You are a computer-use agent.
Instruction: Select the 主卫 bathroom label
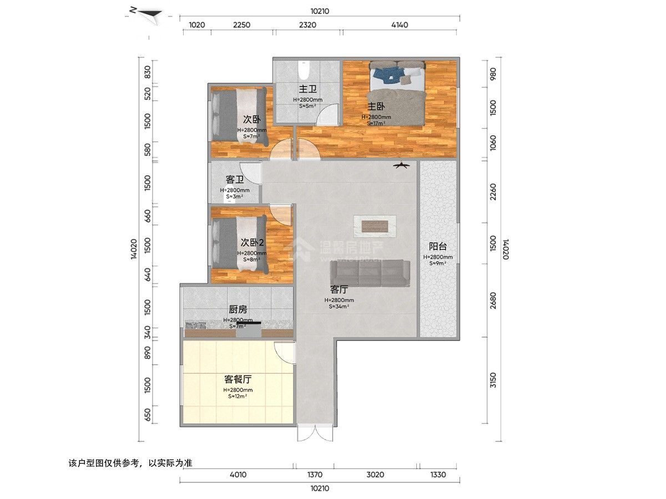[308, 89]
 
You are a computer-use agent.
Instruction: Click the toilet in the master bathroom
[303, 71]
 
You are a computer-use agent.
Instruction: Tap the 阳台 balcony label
[438, 247]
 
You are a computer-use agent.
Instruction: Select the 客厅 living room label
[339, 289]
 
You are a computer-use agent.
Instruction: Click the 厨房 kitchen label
[238, 310]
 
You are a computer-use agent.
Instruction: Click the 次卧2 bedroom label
[251, 242]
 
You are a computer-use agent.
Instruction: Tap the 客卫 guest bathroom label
[235, 180]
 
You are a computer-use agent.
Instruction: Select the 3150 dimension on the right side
[493, 381]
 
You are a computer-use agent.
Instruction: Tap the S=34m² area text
[339, 307]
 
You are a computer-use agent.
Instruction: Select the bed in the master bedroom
[397, 91]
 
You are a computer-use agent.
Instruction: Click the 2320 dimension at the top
[307, 24]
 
